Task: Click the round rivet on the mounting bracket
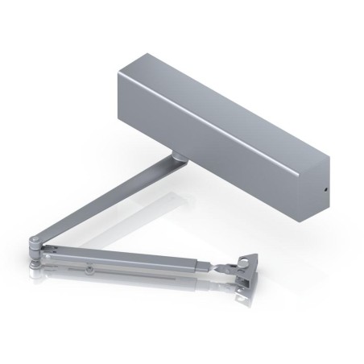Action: coord(244,262)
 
